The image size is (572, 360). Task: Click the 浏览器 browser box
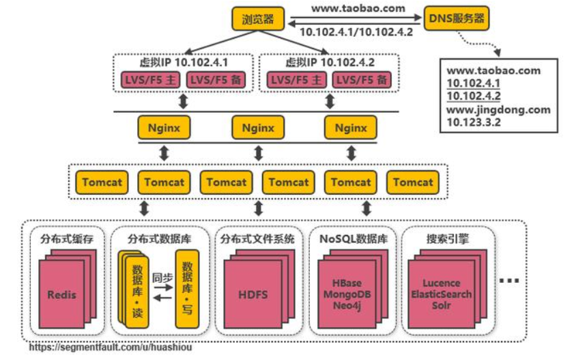pyautogui.click(x=258, y=18)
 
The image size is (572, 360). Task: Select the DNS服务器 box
pyautogui.click(x=457, y=18)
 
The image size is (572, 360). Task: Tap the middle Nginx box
pyautogui.click(x=258, y=128)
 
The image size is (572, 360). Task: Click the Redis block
pyautogui.click(x=61, y=294)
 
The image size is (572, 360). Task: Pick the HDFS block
pyautogui.click(x=253, y=294)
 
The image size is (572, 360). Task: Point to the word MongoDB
pyautogui.click(x=347, y=294)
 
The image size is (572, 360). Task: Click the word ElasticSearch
pyautogui.click(x=442, y=294)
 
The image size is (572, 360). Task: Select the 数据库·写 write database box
pyautogui.click(x=187, y=289)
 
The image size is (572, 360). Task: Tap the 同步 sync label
pyautogui.click(x=162, y=278)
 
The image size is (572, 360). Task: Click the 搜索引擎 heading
pyautogui.click(x=448, y=239)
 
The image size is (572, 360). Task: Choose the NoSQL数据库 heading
pyautogui.click(x=353, y=239)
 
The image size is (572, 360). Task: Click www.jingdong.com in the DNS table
pyautogui.click(x=498, y=109)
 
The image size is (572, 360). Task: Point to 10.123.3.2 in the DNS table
pyautogui.click(x=474, y=122)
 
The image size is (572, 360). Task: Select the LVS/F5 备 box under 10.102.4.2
pyautogui.click(x=362, y=80)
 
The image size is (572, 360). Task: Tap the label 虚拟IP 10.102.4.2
pyautogui.click(x=330, y=62)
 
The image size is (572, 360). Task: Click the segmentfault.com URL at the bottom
pyautogui.click(x=111, y=347)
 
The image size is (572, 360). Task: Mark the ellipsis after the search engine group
pyautogui.click(x=509, y=280)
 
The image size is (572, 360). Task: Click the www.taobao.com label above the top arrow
pyautogui.click(x=358, y=8)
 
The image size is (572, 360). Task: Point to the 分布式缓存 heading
pyautogui.click(x=67, y=239)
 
